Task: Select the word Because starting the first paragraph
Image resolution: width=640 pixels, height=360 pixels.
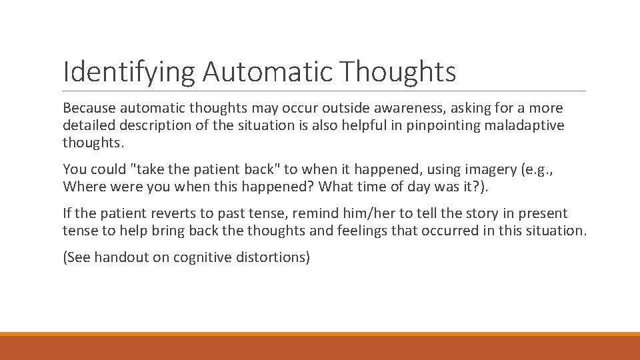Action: coord(89,108)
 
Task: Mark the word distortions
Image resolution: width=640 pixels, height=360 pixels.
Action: coord(273,257)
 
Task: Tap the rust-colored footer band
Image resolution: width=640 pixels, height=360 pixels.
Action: coord(320,348)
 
